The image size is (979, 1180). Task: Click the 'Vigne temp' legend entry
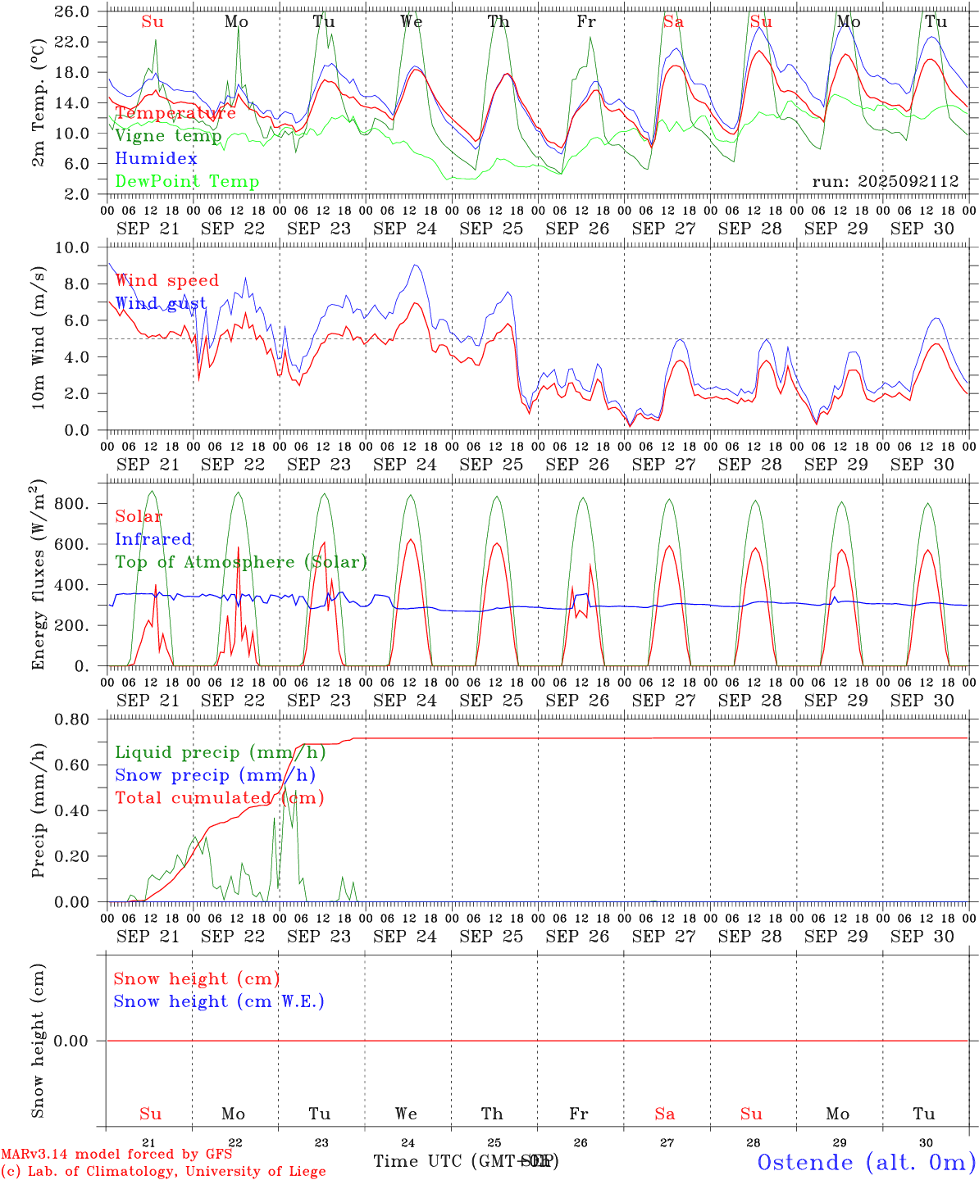tap(168, 136)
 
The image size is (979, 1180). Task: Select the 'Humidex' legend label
tap(156, 159)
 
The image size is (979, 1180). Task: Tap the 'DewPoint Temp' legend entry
tap(187, 182)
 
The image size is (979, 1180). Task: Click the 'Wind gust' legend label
tap(161, 304)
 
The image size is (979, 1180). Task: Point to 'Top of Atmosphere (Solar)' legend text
tap(241, 562)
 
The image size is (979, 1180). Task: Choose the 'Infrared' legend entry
tap(153, 539)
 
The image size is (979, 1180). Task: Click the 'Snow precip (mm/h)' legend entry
tap(215, 775)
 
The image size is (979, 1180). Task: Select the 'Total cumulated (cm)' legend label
tap(219, 798)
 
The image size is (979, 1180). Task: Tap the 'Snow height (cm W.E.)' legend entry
tap(218, 1001)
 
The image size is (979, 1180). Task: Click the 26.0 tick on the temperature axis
tap(73, 11)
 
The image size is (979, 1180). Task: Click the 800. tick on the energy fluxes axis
tap(71, 504)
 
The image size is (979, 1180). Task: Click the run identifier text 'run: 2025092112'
tap(885, 182)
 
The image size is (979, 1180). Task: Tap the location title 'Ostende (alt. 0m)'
tap(866, 1162)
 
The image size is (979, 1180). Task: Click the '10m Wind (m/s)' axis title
tap(39, 338)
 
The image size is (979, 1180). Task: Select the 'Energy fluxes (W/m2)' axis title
tap(39, 574)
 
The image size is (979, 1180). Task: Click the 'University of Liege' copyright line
tap(163, 1172)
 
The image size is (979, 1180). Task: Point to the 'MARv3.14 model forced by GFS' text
tap(116, 1155)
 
